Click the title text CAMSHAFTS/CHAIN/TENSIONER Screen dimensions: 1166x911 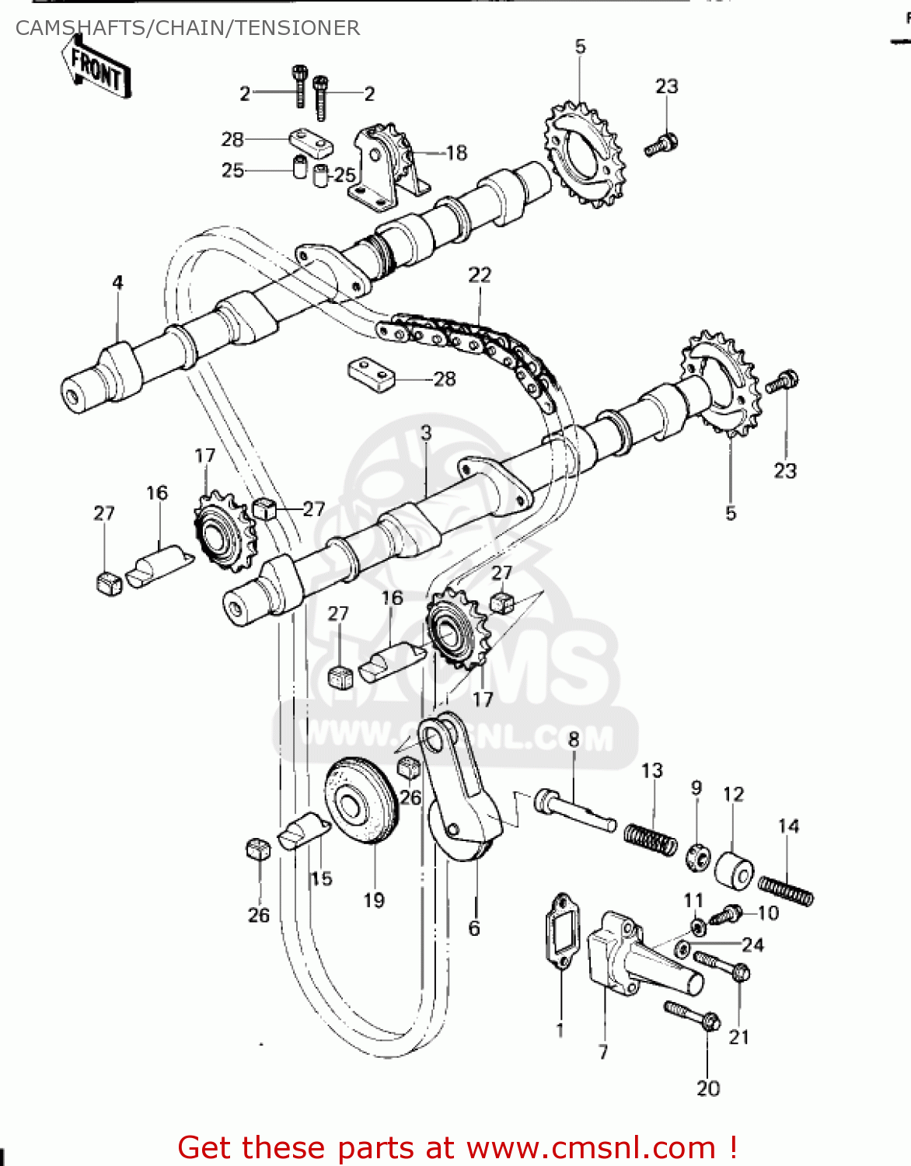[x=187, y=28]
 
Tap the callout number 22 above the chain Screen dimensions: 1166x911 [x=480, y=275]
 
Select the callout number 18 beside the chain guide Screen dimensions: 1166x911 [x=456, y=153]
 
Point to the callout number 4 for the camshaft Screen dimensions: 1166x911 [x=117, y=282]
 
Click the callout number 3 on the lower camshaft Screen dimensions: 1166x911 [x=425, y=433]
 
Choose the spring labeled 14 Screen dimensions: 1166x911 [x=785, y=891]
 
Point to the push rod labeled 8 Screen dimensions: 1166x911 [x=575, y=810]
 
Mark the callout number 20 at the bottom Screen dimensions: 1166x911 [x=708, y=1088]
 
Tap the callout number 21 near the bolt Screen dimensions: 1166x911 [x=738, y=1036]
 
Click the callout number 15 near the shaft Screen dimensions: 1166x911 [x=321, y=878]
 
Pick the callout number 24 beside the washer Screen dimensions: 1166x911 [x=752, y=944]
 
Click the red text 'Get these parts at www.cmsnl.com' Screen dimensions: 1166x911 [x=457, y=1147]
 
